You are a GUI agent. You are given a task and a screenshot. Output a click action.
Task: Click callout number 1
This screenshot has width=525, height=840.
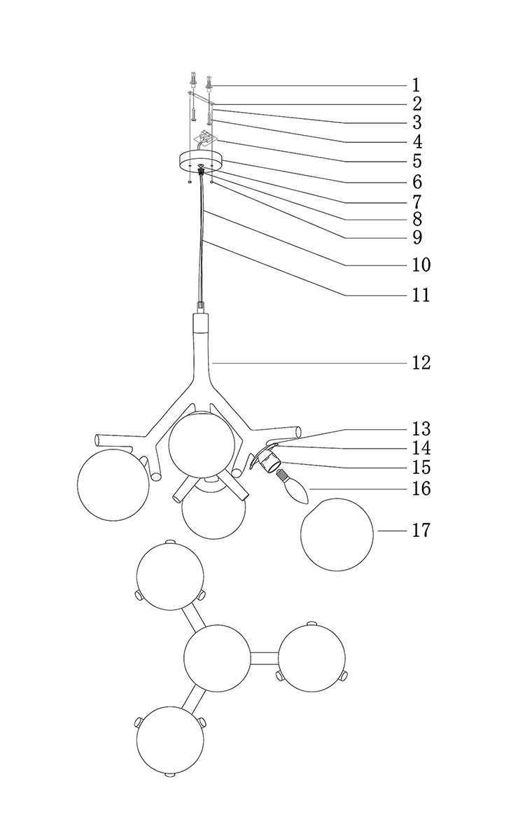click(x=416, y=86)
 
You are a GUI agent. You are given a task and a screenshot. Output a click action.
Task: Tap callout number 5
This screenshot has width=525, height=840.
click(x=416, y=161)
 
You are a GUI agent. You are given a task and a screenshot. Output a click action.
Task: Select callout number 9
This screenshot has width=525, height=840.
click(x=416, y=238)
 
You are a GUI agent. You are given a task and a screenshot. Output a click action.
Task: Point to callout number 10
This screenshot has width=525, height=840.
click(x=421, y=265)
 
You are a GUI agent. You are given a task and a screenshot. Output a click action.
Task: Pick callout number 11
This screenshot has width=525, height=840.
click(x=421, y=295)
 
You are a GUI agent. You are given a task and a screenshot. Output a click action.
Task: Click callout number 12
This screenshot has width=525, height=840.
click(x=421, y=363)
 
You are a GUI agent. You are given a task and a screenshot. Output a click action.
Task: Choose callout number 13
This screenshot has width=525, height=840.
click(x=421, y=428)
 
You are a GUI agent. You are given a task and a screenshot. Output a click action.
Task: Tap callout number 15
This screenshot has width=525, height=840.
click(x=421, y=467)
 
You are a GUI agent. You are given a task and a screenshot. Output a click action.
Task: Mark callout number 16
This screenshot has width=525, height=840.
click(x=421, y=488)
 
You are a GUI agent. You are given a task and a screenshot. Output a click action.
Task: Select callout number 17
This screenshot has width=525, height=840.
click(x=421, y=531)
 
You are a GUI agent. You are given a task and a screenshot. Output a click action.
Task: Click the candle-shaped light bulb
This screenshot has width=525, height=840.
click(x=295, y=489)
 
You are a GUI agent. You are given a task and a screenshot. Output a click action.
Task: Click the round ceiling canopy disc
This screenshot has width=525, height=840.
click(x=200, y=162)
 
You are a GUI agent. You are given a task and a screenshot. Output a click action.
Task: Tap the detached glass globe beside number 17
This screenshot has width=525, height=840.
click(x=337, y=534)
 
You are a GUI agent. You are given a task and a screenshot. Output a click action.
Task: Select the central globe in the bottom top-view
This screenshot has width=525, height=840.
click(x=217, y=657)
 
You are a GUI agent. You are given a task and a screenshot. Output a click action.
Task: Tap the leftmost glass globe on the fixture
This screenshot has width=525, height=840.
click(x=113, y=485)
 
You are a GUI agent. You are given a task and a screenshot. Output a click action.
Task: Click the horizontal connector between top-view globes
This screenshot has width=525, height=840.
click(x=265, y=657)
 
